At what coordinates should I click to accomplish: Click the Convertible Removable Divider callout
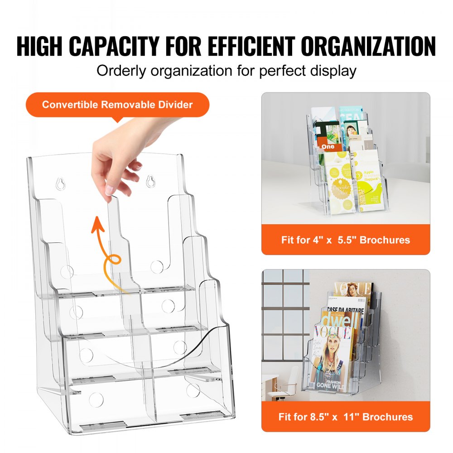point(117,105)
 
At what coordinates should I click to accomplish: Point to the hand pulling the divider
point(119,154)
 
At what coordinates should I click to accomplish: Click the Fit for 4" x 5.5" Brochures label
point(345,240)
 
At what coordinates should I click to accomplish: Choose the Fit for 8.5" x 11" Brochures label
point(345,416)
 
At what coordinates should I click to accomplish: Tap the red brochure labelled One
point(328,146)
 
